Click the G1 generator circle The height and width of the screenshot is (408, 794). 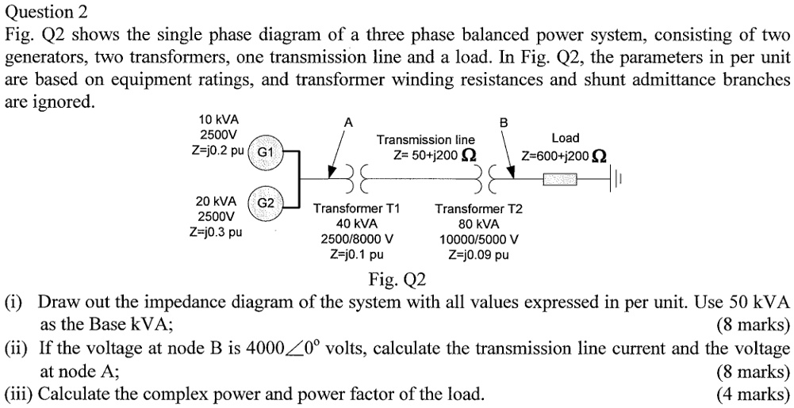[x=265, y=151]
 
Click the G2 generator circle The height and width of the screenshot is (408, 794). [x=265, y=203]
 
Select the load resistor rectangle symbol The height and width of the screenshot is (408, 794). [x=564, y=178]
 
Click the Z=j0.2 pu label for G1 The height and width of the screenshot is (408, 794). [x=217, y=150]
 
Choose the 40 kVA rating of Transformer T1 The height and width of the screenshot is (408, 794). [x=356, y=224]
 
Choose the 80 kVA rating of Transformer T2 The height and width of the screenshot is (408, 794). [x=478, y=224]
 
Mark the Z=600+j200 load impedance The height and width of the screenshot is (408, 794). [x=564, y=154]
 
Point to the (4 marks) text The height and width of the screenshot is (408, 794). [x=753, y=394]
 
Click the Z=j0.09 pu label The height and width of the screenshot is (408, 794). [x=478, y=255]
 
